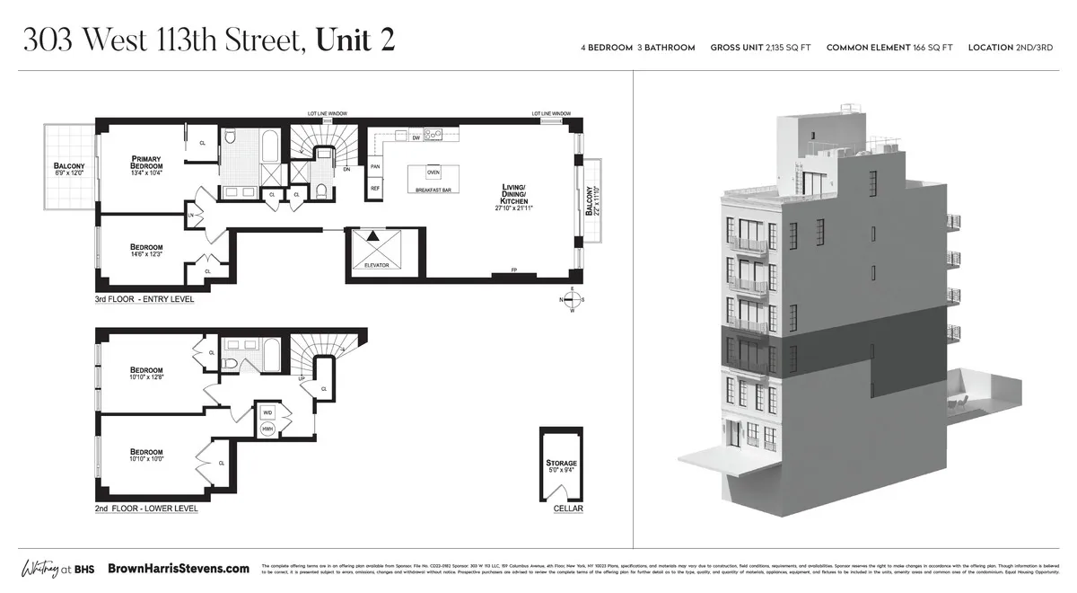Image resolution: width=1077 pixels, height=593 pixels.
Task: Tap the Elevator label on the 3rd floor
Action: click(x=376, y=266)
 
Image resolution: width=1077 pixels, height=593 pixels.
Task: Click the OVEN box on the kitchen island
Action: click(x=433, y=172)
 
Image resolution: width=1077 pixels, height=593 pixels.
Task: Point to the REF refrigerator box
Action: click(x=375, y=188)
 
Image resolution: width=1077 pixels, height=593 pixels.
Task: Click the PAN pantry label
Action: click(x=375, y=166)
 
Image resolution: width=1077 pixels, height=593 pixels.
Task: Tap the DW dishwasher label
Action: click(x=416, y=138)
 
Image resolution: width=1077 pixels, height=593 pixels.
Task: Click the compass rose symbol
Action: click(x=573, y=300)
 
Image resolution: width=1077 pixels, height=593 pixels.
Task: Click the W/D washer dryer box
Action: click(x=267, y=412)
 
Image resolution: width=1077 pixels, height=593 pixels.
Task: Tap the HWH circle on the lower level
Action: click(x=267, y=429)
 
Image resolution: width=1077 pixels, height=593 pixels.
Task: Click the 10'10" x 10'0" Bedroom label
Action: click(x=145, y=456)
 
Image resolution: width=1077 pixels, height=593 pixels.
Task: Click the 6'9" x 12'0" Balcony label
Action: click(x=69, y=170)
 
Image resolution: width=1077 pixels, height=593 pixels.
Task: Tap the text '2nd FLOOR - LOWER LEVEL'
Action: click(x=146, y=509)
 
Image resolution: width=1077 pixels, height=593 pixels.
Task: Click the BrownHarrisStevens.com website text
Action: click(x=179, y=569)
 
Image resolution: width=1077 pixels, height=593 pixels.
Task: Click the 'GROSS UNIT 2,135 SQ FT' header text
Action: click(x=760, y=48)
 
